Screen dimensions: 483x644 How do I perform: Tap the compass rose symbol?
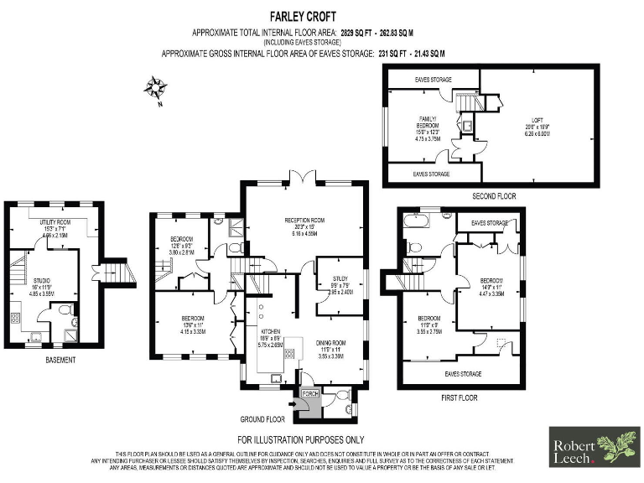pos(155,86)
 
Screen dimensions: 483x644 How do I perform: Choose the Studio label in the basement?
pos(42,282)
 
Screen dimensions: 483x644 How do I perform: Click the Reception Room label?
pos(304,220)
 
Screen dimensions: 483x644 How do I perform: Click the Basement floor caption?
pos(61,361)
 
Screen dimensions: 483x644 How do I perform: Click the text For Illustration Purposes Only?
pos(299,439)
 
